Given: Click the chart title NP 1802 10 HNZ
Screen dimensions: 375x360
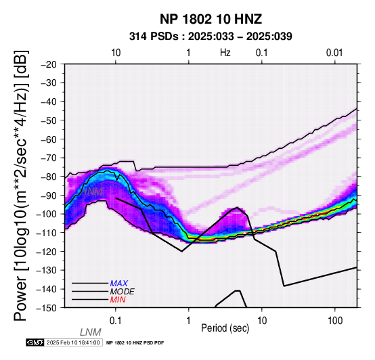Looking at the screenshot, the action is tap(211, 19).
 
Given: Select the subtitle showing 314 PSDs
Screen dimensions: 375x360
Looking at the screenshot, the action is tap(211, 37).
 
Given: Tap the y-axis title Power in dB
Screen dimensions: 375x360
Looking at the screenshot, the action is tap(21, 185).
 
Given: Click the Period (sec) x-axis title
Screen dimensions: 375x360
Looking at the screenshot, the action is tap(225, 328).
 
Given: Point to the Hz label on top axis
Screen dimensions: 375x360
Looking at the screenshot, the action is tap(225, 53).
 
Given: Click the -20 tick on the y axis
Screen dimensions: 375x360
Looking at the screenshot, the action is tap(49, 64).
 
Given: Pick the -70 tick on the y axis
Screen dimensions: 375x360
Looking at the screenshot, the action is tap(49, 158).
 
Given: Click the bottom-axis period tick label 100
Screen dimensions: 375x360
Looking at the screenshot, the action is tap(335, 321).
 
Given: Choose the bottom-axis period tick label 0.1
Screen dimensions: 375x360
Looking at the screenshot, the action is tap(115, 321).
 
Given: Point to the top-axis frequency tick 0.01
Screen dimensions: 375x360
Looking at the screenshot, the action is tap(334, 53).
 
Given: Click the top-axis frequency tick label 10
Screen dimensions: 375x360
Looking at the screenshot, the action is tap(116, 53).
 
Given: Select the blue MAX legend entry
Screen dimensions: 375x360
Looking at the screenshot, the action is tap(119, 284).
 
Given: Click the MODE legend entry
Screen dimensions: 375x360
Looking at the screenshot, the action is tap(123, 292).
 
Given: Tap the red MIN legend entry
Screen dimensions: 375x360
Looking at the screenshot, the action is tap(118, 300).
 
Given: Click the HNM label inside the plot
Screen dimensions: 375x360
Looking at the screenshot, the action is tap(92, 192).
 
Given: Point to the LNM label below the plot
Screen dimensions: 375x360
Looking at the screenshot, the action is tap(91, 332).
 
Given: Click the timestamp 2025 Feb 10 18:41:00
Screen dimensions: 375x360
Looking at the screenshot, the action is tap(73, 342).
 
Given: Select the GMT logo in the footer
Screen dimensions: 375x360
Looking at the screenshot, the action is tap(35, 342).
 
